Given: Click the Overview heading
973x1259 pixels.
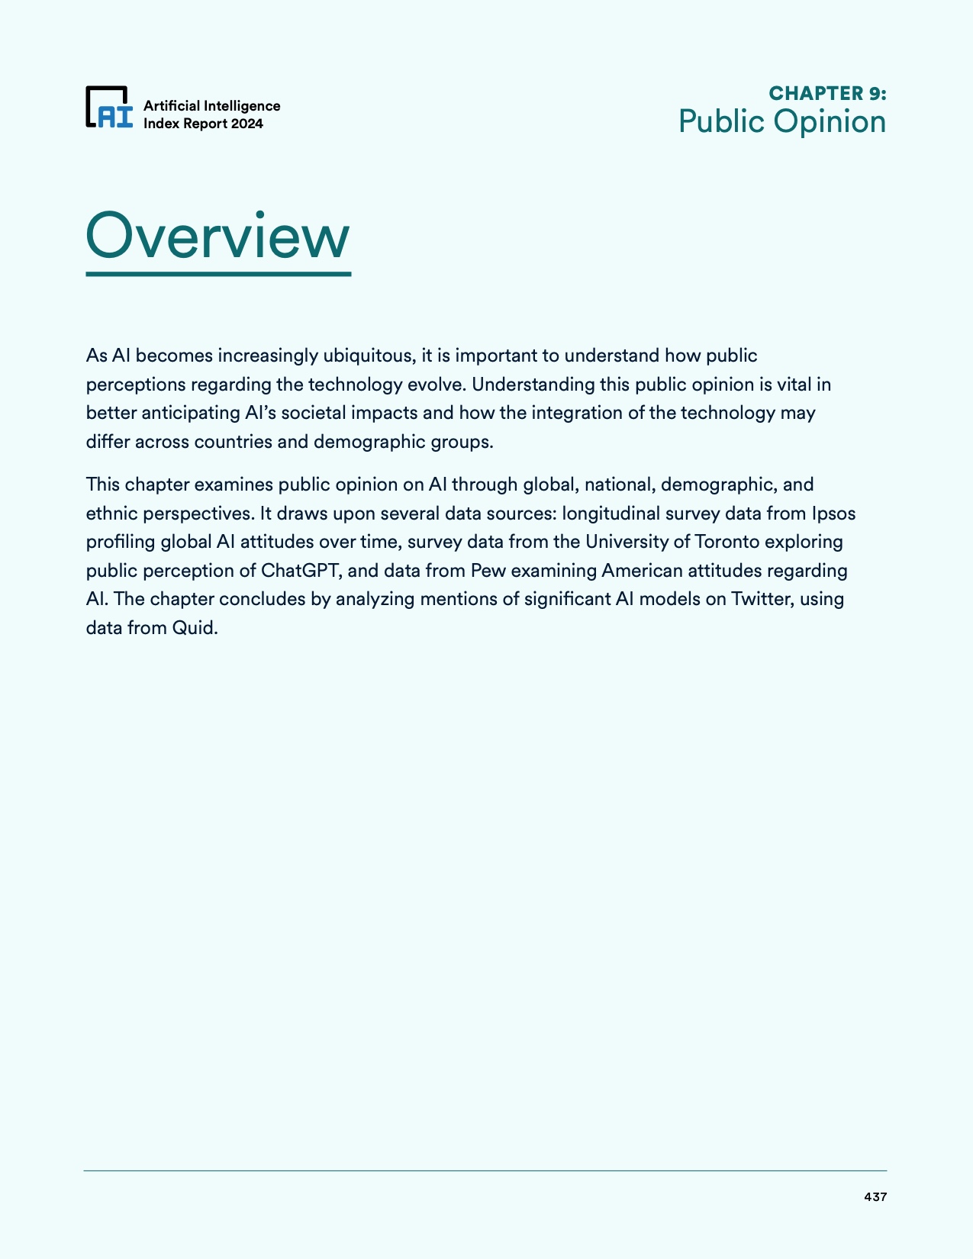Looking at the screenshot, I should [x=218, y=237].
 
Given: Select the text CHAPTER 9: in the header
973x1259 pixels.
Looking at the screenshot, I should [x=827, y=93].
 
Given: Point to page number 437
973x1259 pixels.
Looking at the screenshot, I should [x=875, y=1197].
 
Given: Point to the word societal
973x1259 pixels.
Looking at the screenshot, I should [x=313, y=413].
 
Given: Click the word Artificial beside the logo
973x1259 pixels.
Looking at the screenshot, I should [x=172, y=106].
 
